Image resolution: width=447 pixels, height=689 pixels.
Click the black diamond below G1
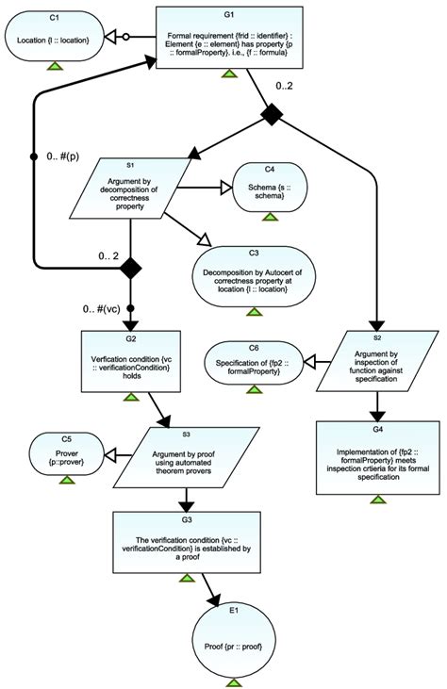[x=272, y=115]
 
